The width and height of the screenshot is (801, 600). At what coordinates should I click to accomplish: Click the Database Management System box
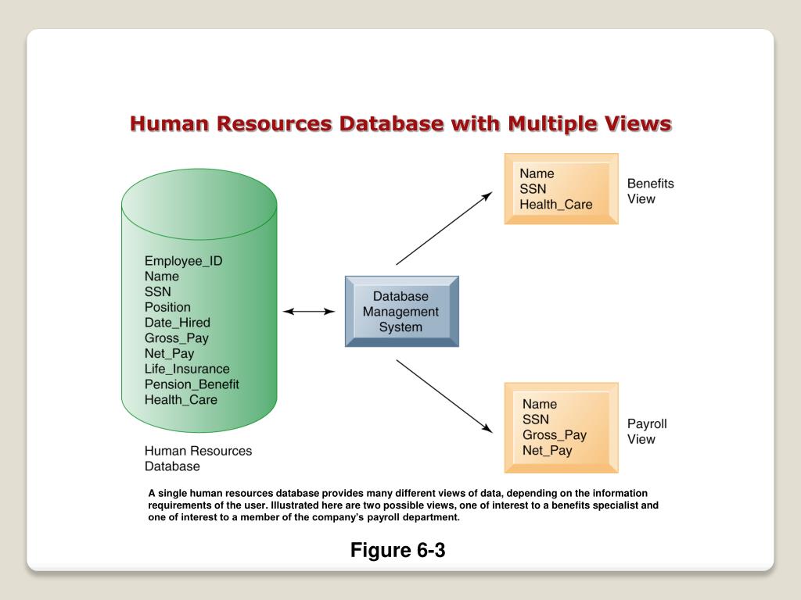coord(402,312)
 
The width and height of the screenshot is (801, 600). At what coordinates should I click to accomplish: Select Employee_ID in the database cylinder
coord(183,261)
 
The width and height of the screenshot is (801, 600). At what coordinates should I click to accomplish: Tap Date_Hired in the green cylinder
coord(177,323)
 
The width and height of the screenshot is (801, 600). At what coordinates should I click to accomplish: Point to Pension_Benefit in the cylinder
coord(192,384)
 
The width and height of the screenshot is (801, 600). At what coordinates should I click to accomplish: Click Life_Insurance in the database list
coord(187,369)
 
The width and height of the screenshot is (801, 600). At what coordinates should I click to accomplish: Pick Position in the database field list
coord(167,307)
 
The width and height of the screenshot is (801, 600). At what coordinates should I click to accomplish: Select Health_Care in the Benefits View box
coord(556,205)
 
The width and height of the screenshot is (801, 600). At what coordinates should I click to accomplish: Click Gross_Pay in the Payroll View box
coord(555,435)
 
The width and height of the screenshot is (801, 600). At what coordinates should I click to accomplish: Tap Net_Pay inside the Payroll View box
coord(548,451)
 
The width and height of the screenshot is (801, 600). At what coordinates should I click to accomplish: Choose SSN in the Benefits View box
coord(533,189)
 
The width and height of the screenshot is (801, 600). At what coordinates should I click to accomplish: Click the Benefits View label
coord(649,191)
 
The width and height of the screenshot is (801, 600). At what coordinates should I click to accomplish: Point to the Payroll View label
coord(647,431)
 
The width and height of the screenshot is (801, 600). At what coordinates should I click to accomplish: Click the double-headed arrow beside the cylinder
coord(309,311)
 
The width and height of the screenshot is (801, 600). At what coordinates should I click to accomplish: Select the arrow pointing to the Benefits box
coord(444,228)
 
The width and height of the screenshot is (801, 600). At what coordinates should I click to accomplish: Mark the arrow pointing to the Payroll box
coord(444,395)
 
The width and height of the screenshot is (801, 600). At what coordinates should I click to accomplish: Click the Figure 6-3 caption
coord(397,550)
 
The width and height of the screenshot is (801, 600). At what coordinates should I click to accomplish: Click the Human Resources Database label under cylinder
coord(198,459)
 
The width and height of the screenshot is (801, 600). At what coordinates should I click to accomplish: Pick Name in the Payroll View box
coord(540,404)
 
